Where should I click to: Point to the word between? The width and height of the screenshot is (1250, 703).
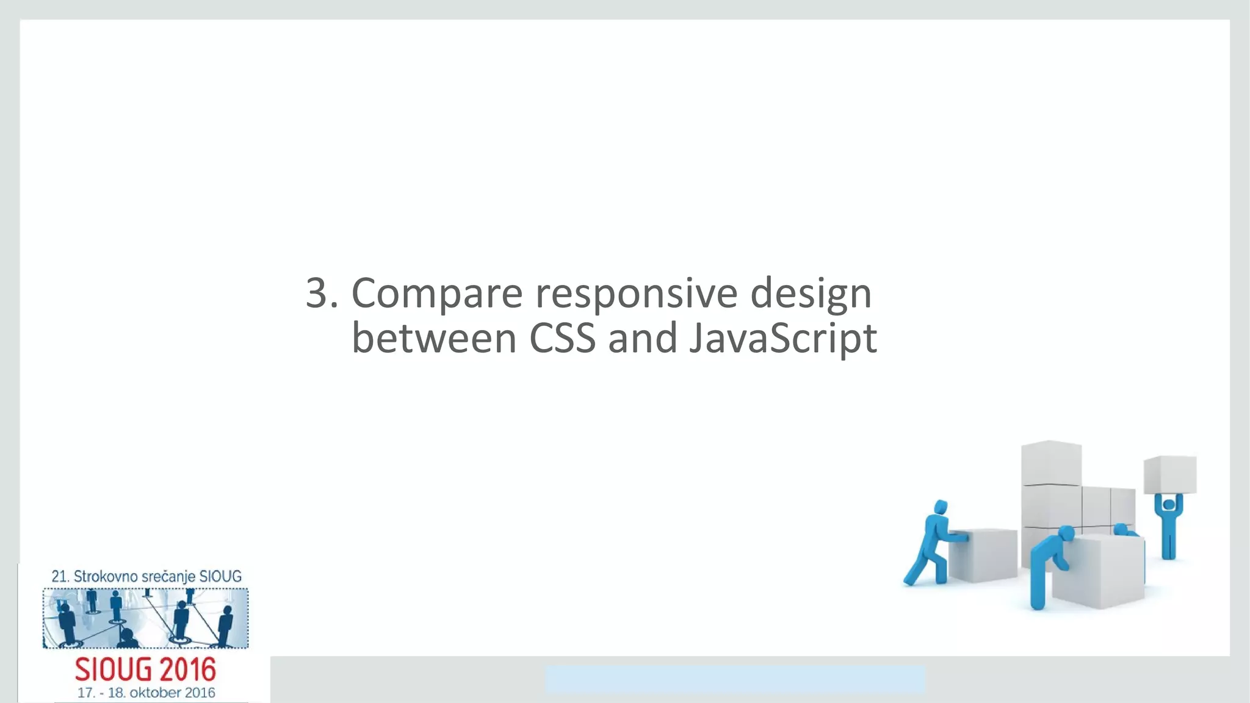coord(434,339)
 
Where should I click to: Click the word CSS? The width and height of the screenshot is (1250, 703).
coord(562,339)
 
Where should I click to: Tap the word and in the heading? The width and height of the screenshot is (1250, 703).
coord(642,339)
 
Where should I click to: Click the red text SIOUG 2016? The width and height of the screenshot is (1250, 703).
coord(145,670)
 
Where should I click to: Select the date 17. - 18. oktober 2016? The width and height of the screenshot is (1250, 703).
coord(146,693)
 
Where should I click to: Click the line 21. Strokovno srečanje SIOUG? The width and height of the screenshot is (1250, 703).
coord(146,576)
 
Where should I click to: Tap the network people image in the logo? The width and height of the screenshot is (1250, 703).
coord(145,618)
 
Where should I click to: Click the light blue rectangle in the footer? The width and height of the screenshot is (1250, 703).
coord(735,679)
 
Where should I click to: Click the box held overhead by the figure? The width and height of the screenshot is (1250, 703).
coord(1169,474)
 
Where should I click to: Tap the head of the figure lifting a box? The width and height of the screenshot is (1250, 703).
coord(1168,505)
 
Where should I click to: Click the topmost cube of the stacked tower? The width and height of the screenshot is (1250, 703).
coord(1051,463)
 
